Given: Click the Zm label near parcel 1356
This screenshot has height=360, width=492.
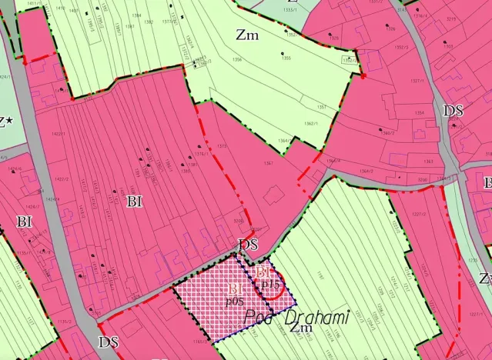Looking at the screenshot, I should pos(248,35).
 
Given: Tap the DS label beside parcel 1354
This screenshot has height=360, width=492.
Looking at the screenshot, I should pos(453,111).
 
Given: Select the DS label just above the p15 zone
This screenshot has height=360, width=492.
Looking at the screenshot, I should pos(248,245).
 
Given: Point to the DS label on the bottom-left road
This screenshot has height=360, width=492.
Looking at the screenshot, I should pos(109,342).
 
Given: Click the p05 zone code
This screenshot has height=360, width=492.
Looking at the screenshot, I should pos(236,301).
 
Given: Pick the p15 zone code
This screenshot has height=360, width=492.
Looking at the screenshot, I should pos(269,285).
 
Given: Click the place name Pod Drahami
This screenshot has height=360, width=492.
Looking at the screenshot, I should pos(296,317).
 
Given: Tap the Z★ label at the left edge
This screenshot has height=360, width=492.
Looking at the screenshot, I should pos(7,121).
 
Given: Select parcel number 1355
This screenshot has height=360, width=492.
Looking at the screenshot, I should pos(286,58).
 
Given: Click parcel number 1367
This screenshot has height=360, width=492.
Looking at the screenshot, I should pos(269,163).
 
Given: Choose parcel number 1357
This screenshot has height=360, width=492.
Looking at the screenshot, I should pos(322,107).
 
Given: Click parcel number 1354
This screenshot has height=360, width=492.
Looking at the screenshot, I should pos(420,113).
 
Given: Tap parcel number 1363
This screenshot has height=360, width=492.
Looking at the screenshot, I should pos(428,162).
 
